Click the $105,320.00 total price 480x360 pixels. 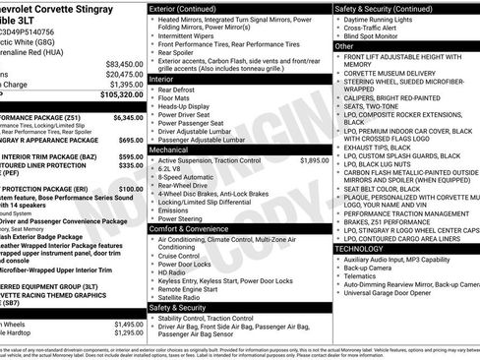115,95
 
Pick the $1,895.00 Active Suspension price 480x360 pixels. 311,158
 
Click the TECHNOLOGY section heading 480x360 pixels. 361,249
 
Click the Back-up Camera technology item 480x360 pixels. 370,269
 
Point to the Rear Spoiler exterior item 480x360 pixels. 178,54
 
